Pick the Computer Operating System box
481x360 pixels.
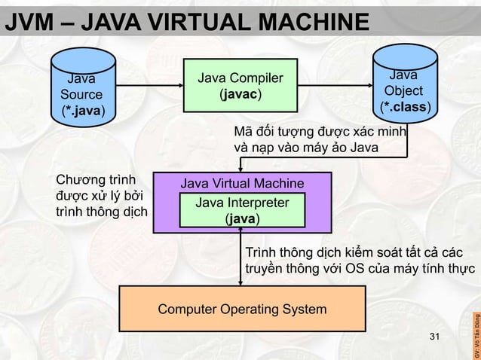coord(241,310)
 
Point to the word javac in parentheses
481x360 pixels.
coord(240,96)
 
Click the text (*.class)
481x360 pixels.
coord(407,107)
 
